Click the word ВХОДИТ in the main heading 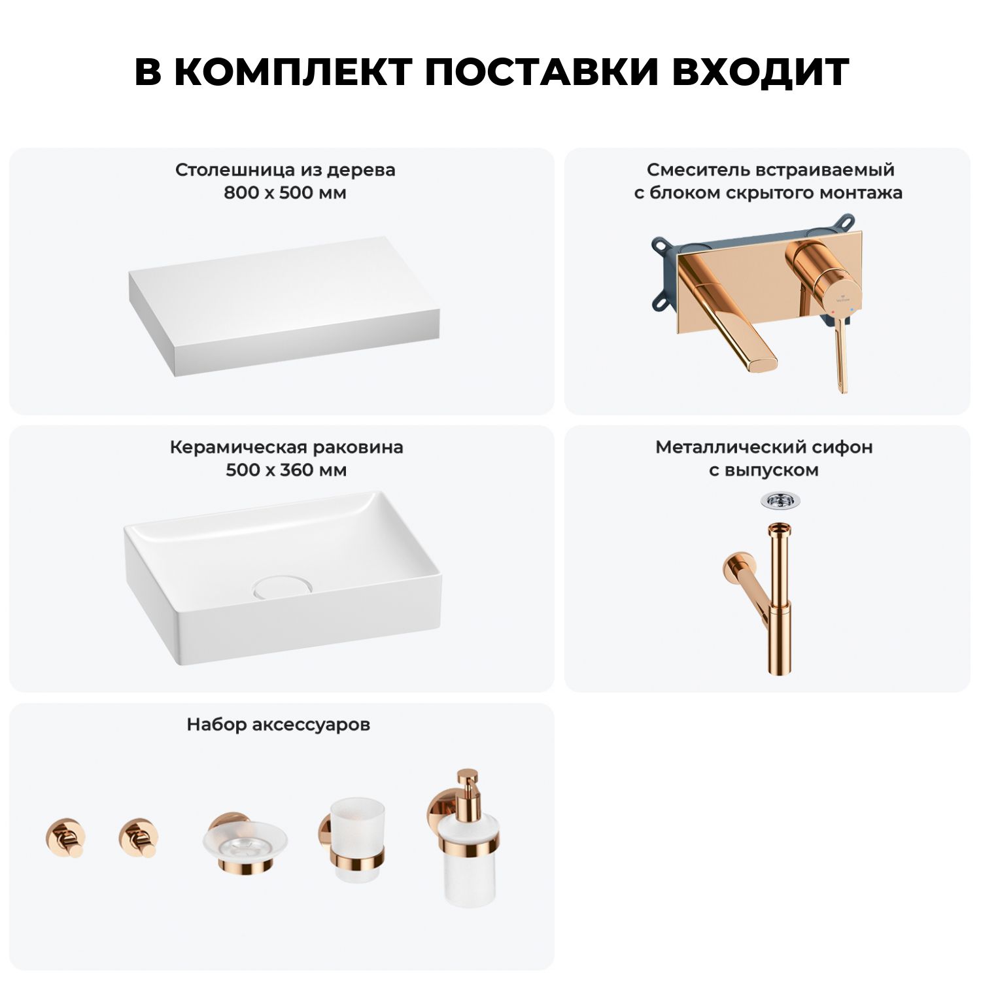761,72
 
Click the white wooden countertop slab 284,306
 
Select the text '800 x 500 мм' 285,193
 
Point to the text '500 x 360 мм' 286,470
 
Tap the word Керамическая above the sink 239,447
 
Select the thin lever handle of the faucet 841,353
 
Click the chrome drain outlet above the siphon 780,501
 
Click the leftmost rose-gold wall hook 65,837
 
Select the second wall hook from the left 138,837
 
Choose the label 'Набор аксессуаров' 279,725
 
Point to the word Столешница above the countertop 236,170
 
